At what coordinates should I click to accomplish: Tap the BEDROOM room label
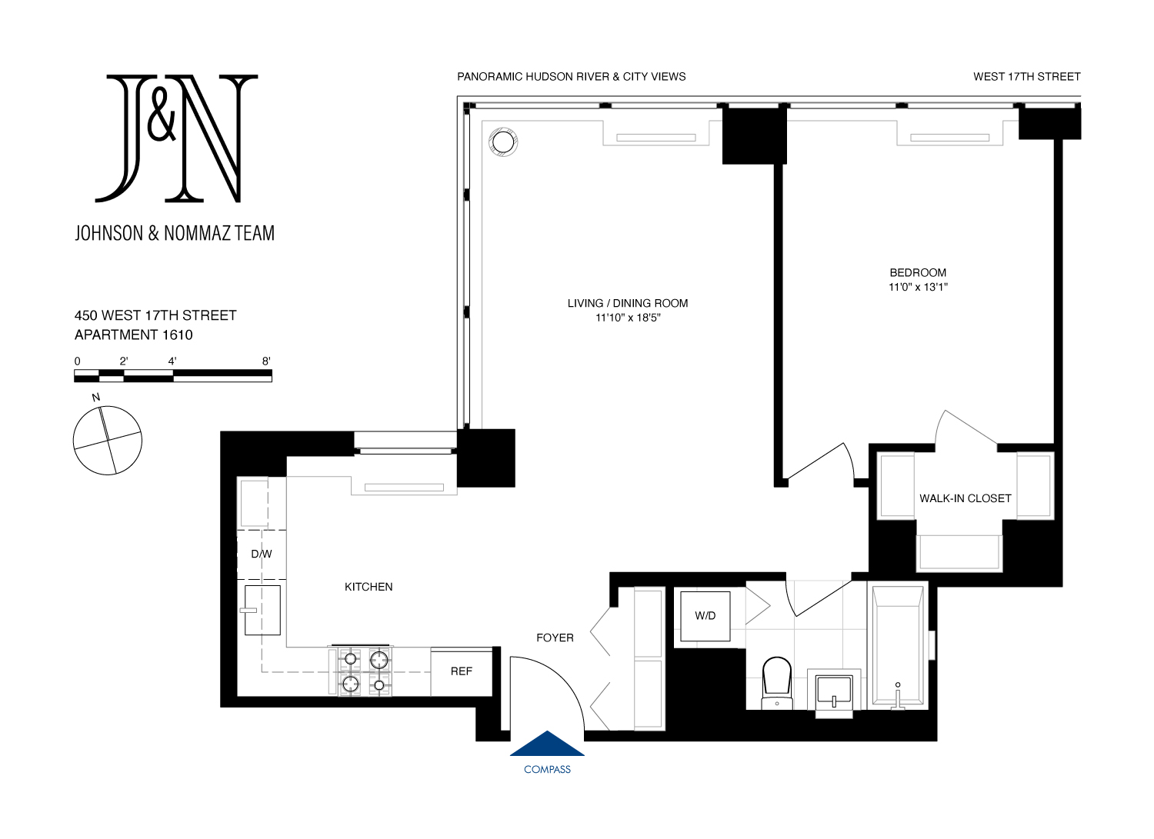click(918, 273)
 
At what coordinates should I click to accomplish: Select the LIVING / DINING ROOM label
click(628, 304)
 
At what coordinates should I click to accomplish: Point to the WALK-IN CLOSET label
click(965, 498)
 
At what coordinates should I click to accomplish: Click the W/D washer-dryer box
click(705, 615)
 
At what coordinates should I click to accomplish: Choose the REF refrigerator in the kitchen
click(462, 671)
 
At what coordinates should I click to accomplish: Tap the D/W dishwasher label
click(262, 554)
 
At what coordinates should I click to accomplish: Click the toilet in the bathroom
click(777, 681)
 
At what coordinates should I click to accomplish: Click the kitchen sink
click(262, 610)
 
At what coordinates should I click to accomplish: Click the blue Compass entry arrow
click(547, 744)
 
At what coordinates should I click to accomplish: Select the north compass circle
click(108, 441)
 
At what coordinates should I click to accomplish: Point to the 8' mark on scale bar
click(266, 361)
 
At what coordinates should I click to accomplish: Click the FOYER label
click(555, 638)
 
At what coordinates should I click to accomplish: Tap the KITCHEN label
click(369, 587)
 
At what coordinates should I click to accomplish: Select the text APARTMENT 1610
click(134, 335)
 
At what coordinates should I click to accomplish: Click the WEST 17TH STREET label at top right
click(1026, 77)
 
